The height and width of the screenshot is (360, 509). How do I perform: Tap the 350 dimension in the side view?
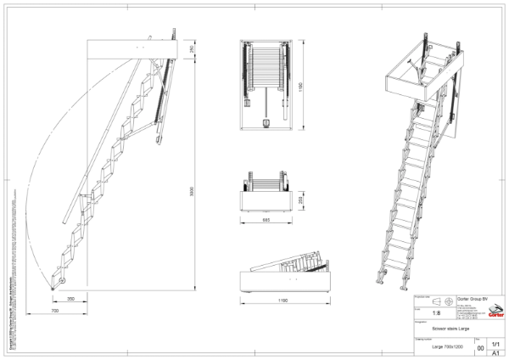pos(70,299)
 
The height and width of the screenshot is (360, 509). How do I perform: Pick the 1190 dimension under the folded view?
pos(283,301)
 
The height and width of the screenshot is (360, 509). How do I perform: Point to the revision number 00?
pos(481,348)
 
